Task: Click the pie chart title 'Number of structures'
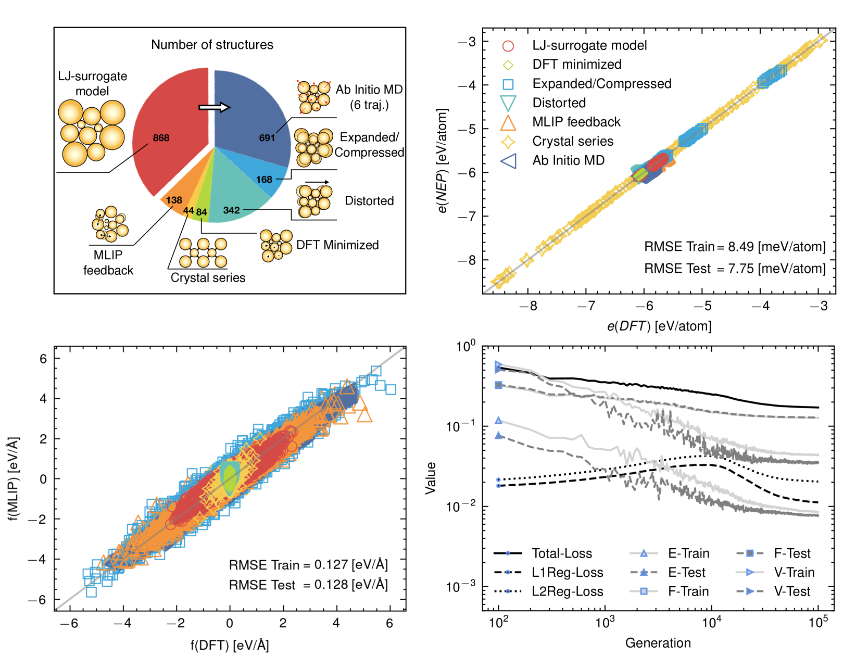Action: point(212,45)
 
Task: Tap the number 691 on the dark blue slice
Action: point(267,138)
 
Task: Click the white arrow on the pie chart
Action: point(214,107)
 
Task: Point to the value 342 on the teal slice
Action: point(231,210)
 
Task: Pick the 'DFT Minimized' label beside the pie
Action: point(337,245)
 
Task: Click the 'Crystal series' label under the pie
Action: point(208,278)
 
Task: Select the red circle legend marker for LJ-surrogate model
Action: point(508,46)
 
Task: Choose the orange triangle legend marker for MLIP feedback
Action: point(508,122)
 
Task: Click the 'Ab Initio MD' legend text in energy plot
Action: point(568,160)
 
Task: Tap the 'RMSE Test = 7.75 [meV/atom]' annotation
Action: point(735,269)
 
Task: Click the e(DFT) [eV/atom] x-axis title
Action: point(659,326)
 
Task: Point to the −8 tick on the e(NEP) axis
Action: point(467,260)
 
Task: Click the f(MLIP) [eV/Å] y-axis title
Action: point(13,479)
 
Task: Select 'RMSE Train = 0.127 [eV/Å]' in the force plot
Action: point(308,565)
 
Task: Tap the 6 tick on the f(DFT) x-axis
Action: point(389,623)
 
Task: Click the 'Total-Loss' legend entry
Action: point(562,553)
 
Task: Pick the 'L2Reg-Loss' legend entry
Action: point(567,591)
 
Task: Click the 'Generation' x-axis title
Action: point(658,643)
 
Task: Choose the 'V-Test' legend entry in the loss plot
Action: point(792,591)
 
